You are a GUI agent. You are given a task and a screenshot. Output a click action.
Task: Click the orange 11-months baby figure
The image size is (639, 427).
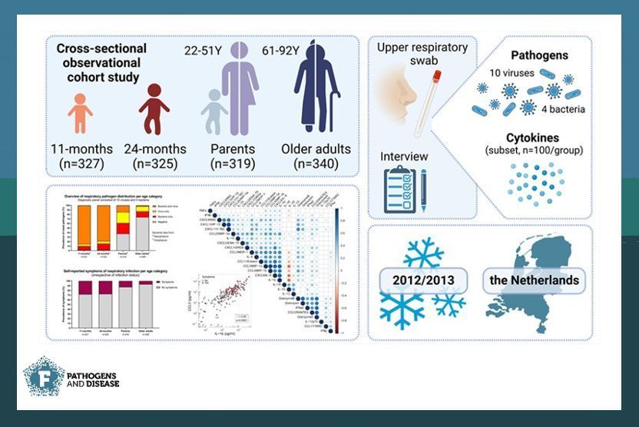tap(79, 113)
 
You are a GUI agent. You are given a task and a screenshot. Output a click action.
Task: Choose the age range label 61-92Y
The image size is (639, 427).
tap(283, 51)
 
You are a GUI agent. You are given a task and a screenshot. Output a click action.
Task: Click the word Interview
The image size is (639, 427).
tap(404, 157)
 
